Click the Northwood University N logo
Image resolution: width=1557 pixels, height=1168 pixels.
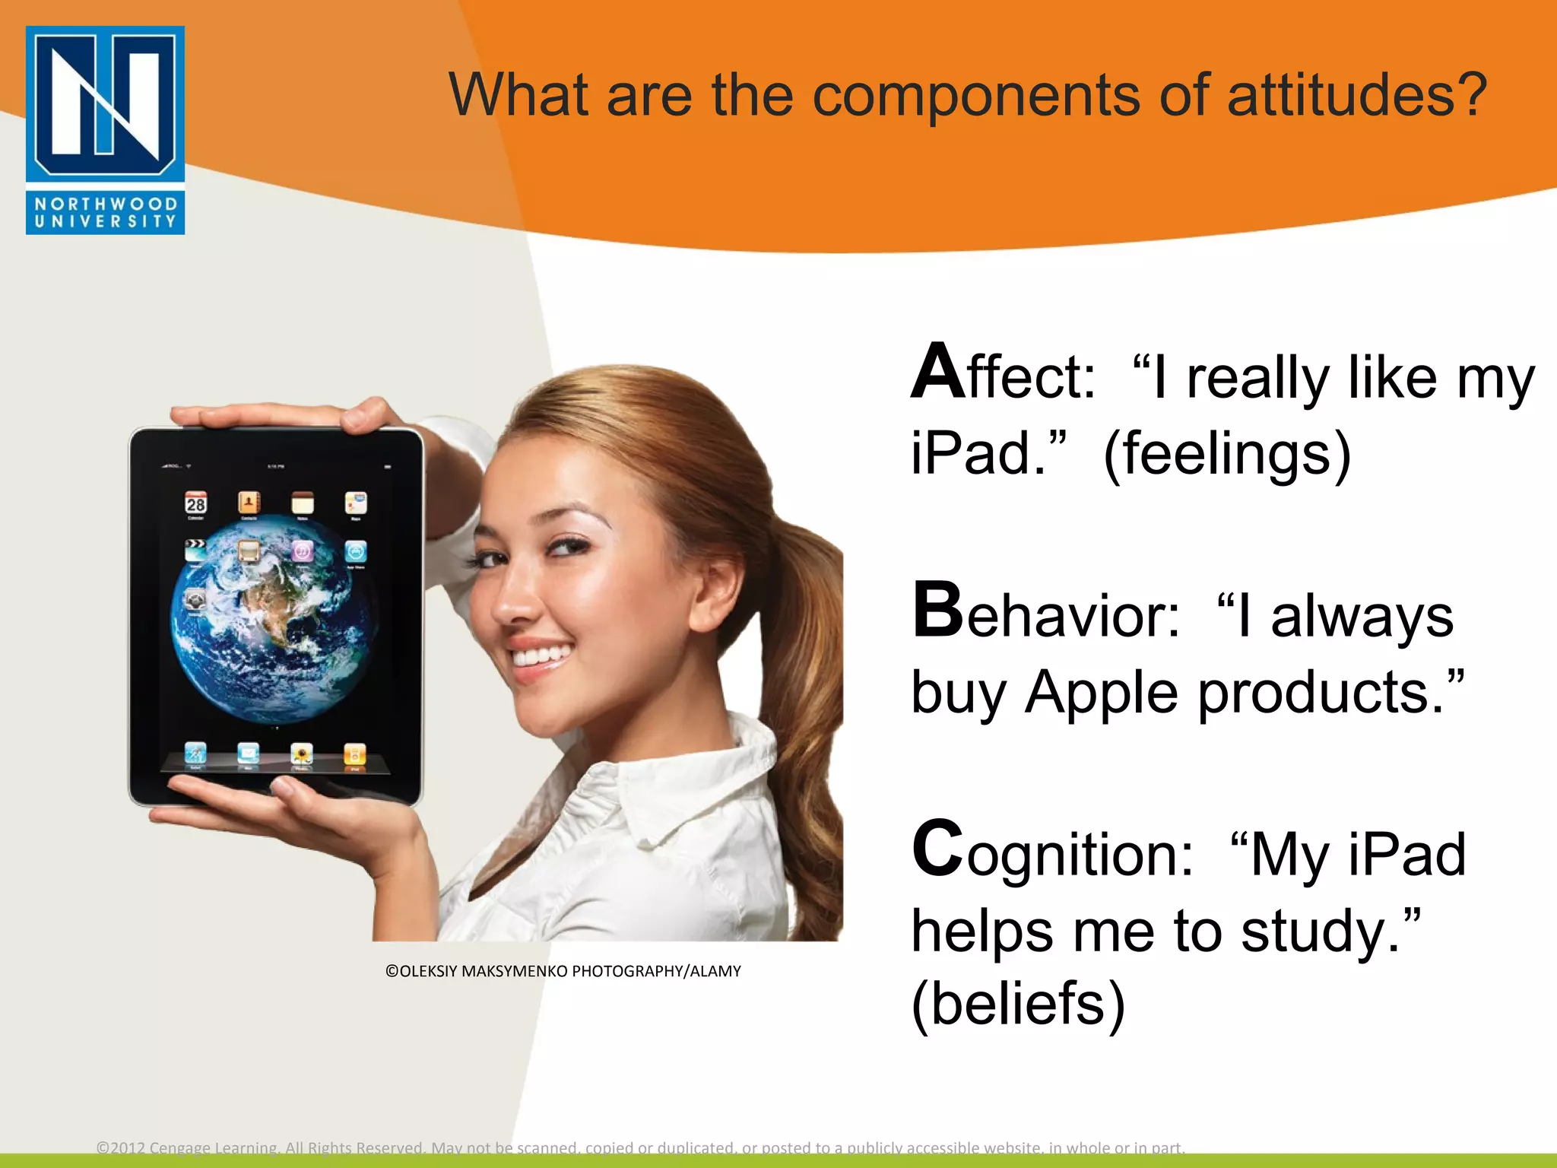click(105, 103)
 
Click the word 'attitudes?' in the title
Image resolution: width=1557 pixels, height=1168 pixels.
click(1356, 95)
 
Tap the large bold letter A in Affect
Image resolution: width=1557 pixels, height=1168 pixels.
click(938, 373)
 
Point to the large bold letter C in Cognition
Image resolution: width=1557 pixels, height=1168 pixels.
click(938, 849)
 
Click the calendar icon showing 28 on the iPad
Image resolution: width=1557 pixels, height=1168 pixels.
click(196, 503)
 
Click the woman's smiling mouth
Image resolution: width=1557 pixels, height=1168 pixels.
click(541, 655)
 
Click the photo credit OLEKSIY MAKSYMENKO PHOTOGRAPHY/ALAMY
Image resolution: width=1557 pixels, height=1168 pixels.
click(563, 971)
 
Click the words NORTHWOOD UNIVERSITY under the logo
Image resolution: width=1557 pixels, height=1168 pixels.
click(105, 213)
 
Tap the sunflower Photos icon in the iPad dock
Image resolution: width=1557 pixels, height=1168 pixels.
click(302, 754)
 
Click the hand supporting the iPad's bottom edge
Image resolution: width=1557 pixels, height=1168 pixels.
click(304, 814)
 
